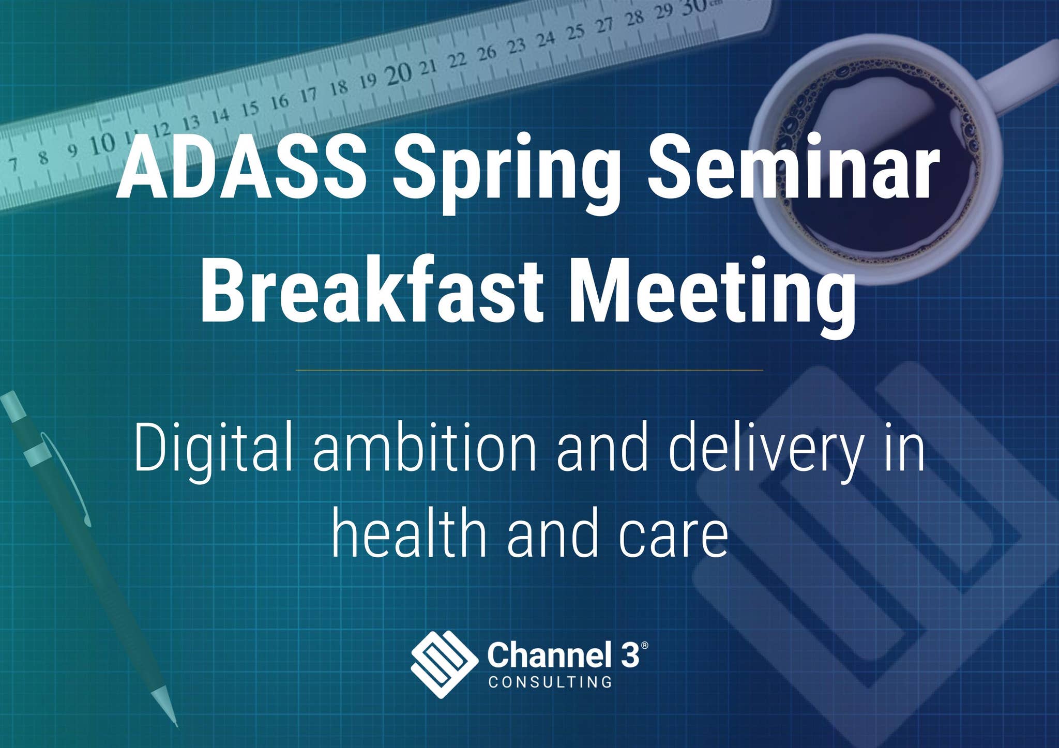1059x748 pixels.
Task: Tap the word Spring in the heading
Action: (506, 173)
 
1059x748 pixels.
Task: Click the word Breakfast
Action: (372, 292)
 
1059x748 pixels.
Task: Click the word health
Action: (409, 533)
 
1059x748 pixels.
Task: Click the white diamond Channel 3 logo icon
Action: (444, 665)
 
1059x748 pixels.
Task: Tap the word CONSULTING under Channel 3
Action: (550, 682)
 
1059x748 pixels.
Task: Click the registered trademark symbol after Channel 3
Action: (644, 646)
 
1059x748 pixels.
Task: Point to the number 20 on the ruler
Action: (399, 74)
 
